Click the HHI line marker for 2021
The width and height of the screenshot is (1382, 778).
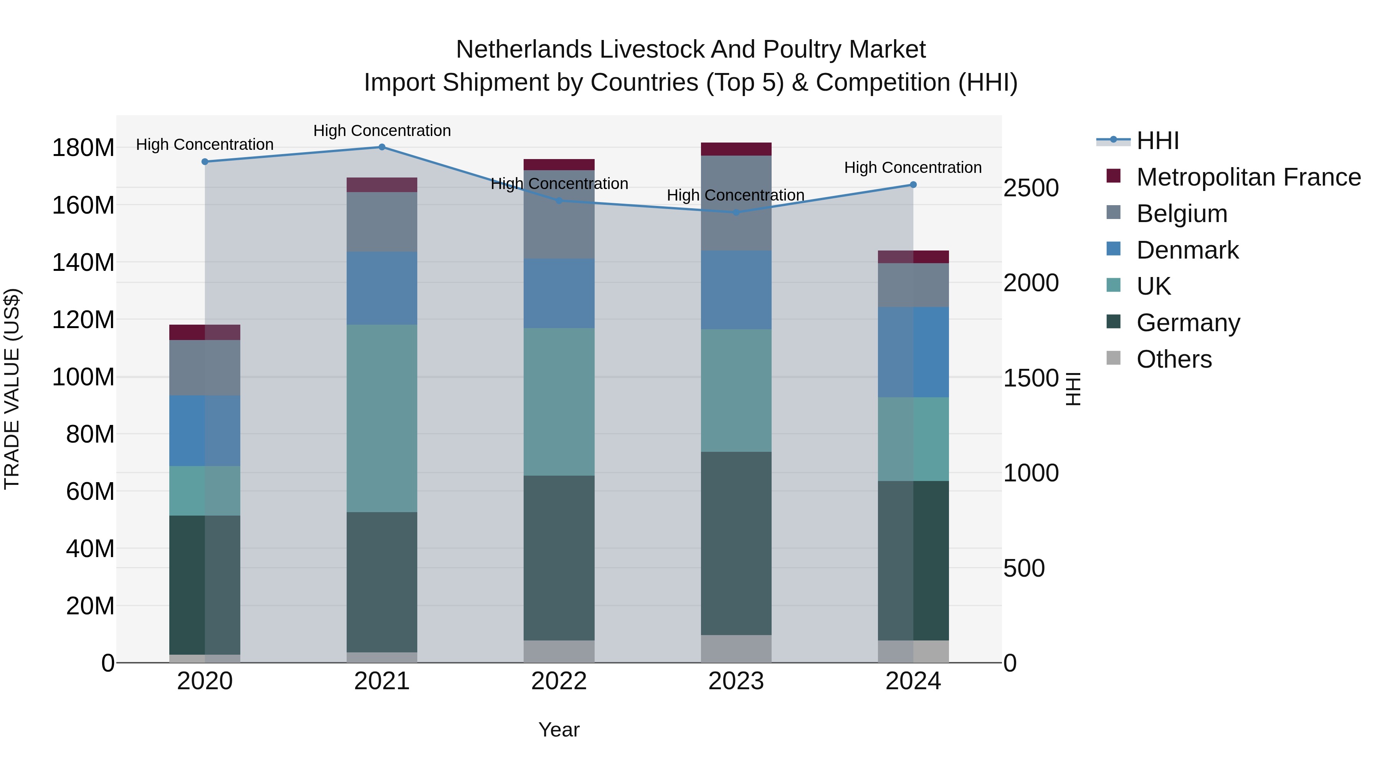point(382,147)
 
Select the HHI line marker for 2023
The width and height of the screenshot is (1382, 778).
point(736,212)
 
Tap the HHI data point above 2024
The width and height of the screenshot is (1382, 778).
point(913,185)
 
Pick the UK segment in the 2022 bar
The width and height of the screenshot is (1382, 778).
point(559,401)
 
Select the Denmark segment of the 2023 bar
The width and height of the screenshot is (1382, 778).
point(736,290)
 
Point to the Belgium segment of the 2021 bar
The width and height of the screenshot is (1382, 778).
point(382,222)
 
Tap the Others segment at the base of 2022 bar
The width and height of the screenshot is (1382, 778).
point(559,651)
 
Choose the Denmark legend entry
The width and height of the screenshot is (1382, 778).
point(1187,250)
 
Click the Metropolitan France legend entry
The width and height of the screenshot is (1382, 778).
point(1248,177)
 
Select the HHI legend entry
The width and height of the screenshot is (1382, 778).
point(1157,141)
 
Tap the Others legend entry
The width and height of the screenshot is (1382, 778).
point(1174,359)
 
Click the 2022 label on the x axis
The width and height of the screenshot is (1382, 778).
point(559,681)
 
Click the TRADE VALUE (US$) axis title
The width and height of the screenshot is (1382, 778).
point(12,389)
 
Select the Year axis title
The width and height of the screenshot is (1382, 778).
point(559,730)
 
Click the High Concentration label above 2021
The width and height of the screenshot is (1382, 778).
point(382,131)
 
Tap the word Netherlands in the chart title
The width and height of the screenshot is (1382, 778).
point(524,50)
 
